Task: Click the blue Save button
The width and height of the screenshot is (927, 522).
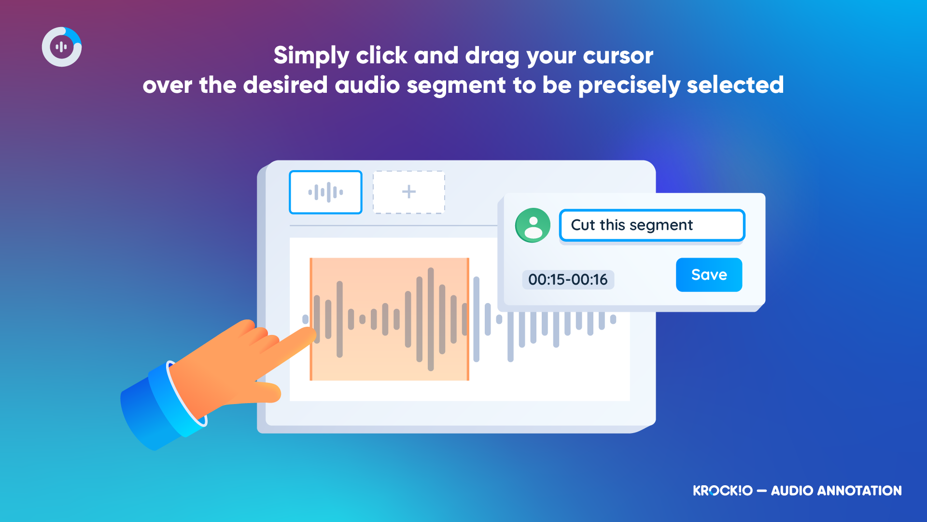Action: [709, 275]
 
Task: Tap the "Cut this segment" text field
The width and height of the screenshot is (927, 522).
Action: [652, 225]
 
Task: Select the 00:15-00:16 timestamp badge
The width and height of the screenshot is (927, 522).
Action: [568, 279]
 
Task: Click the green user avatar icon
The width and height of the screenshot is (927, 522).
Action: [533, 225]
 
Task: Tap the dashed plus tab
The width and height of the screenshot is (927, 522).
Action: [409, 192]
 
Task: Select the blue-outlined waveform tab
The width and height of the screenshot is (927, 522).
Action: [325, 192]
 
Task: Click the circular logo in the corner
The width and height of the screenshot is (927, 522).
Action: [62, 47]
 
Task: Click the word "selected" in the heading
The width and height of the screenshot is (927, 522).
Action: [735, 85]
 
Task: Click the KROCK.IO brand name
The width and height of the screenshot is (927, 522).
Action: [723, 491]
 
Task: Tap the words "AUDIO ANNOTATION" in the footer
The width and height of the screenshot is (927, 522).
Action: [836, 491]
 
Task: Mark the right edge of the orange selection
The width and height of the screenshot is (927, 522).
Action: [468, 319]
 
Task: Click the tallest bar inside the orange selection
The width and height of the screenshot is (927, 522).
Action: [431, 319]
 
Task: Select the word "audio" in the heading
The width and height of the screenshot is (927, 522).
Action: [367, 85]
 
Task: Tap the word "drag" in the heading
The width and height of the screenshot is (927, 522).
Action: [492, 56]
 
